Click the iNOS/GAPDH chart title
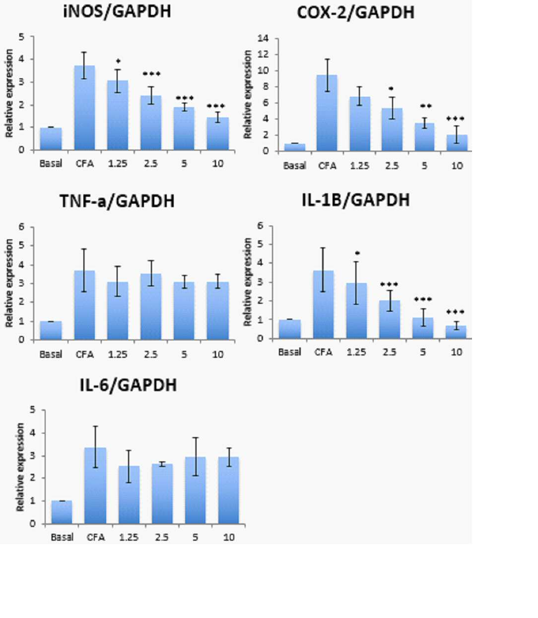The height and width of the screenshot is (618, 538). point(117,12)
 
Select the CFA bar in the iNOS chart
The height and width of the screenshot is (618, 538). point(84,108)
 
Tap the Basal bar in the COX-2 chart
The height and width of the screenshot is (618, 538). point(294,147)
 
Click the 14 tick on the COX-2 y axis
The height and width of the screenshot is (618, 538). point(263,38)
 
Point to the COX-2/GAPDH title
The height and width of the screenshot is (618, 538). point(356,13)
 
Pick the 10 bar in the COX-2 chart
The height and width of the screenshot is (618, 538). point(457,143)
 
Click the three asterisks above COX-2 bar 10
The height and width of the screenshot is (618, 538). point(455,118)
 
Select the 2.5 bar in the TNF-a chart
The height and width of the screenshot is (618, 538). point(151,307)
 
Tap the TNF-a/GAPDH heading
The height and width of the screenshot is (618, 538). point(117,201)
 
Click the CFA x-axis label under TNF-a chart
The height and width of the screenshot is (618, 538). point(84,354)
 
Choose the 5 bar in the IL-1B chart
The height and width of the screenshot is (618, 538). point(423,328)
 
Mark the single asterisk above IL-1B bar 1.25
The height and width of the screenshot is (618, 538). point(357,253)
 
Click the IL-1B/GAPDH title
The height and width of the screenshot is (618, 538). point(356,200)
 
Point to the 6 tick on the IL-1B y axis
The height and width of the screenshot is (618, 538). point(260,225)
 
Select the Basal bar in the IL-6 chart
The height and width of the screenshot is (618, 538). point(62,512)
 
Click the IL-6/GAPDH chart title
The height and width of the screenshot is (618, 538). point(128,385)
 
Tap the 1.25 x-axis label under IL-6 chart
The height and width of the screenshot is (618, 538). point(129,537)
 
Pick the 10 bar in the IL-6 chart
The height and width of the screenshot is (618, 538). point(229,490)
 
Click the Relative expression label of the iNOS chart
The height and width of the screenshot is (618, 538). point(9,93)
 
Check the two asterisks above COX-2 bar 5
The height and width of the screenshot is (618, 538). point(426,106)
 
